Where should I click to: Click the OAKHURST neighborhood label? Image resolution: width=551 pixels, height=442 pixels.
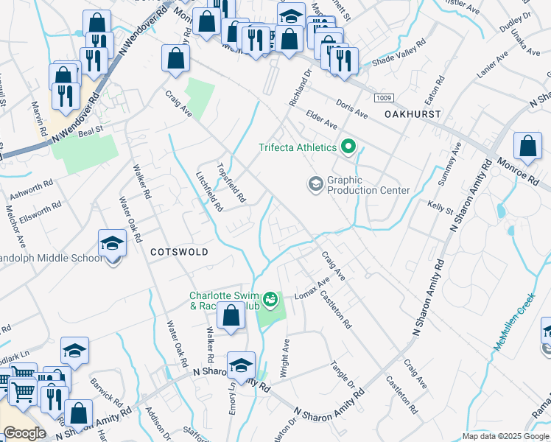coord(413,114)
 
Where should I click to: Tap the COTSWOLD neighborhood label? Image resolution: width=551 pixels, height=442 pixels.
coord(179,252)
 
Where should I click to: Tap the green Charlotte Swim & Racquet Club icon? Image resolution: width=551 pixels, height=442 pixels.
coord(271,300)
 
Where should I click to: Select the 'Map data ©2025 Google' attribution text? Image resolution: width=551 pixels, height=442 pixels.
coord(505,436)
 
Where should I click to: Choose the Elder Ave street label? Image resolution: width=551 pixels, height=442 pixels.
coord(320,120)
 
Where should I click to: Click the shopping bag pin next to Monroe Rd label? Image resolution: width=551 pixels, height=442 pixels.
coord(528,147)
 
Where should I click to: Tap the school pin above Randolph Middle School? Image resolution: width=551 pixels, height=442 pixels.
coord(111,242)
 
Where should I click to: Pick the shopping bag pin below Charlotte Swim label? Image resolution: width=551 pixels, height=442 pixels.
coord(231,315)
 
